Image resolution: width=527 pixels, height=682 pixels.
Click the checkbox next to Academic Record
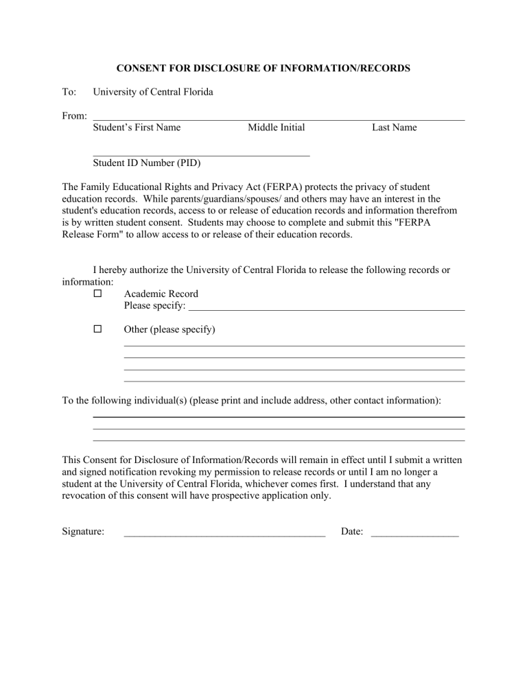[x=97, y=294]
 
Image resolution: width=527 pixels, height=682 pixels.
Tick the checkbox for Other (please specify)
[x=97, y=329]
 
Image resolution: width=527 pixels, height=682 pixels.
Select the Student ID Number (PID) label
[x=146, y=163]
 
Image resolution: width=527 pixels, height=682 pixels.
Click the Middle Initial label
[x=276, y=128]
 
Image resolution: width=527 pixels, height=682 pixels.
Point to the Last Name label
[x=394, y=128]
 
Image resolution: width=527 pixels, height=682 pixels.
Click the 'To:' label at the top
[x=69, y=92]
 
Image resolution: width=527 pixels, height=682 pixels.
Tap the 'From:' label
[x=73, y=116]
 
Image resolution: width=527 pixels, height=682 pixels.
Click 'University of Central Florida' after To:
[x=153, y=92]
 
